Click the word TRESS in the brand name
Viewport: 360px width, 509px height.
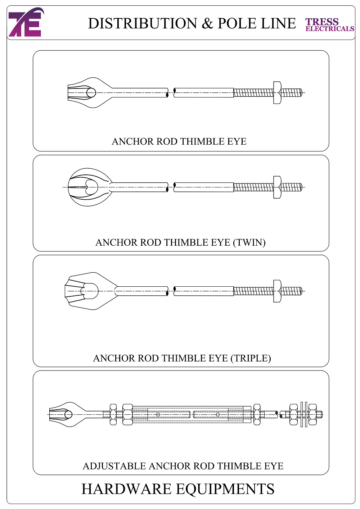point(322,22)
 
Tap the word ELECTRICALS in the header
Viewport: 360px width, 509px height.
point(330,29)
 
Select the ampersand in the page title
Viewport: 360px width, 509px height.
point(207,23)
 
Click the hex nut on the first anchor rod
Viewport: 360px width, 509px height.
point(277,93)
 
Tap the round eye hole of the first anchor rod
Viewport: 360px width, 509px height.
point(91,93)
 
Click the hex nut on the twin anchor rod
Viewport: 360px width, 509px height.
point(277,187)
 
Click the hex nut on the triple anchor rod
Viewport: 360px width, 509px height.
point(277,291)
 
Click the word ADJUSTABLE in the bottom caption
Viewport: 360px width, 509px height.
point(114,466)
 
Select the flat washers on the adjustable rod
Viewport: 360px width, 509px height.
point(303,414)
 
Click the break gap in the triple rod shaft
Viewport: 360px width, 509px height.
point(171,291)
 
